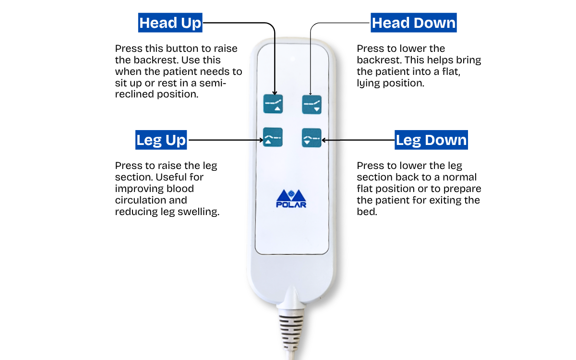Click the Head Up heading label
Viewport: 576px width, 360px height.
pyautogui.click(x=170, y=23)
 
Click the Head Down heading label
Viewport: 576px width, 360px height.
pyautogui.click(x=413, y=23)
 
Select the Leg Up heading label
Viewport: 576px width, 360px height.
pyautogui.click(x=161, y=140)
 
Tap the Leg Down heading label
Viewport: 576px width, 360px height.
pyautogui.click(x=431, y=140)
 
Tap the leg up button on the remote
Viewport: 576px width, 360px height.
pyautogui.click(x=273, y=137)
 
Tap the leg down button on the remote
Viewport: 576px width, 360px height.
pyautogui.click(x=311, y=137)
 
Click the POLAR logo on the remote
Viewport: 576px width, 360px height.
pyautogui.click(x=292, y=198)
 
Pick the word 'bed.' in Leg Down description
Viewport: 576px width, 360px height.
pyautogui.click(x=367, y=212)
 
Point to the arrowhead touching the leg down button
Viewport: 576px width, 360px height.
pyautogui.click(x=324, y=140)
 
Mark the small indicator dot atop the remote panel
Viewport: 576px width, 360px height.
pyautogui.click(x=292, y=60)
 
